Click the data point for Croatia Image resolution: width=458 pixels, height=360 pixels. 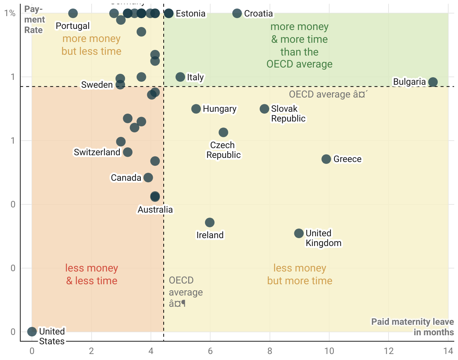(237, 13)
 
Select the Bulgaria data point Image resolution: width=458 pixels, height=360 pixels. (433, 82)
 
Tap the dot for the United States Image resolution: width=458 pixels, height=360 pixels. (32, 331)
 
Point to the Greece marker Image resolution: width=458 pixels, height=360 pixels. (326, 159)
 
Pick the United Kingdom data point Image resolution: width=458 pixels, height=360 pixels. (299, 233)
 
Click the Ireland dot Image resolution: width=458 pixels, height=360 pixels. (210, 222)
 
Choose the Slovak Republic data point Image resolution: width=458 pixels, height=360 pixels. (264, 109)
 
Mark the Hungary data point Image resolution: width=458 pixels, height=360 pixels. (196, 109)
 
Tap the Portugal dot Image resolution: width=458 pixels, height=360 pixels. (73, 13)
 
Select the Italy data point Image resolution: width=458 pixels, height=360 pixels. (180, 77)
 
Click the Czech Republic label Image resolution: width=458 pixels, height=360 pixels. (223, 150)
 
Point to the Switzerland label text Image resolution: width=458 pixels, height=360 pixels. (97, 152)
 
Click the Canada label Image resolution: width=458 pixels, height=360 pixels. (126, 178)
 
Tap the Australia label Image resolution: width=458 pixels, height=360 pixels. (155, 210)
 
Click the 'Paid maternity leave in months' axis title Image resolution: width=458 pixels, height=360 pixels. (413, 327)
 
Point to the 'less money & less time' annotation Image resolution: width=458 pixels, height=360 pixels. (92, 274)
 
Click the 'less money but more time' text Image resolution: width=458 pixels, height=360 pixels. (300, 274)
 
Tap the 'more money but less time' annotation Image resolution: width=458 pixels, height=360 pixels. (92, 45)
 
